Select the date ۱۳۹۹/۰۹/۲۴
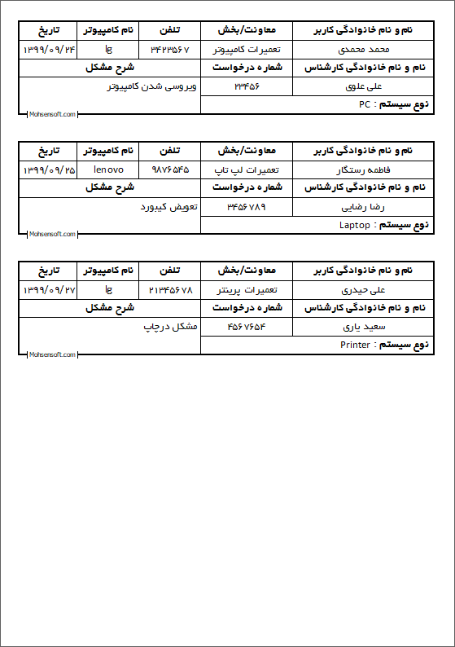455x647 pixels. point(49,50)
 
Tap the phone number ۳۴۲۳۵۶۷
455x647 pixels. point(170,50)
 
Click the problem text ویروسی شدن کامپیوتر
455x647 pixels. point(152,86)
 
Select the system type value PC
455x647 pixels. point(365,105)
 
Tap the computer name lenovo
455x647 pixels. point(108,169)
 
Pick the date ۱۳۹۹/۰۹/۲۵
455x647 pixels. point(49,169)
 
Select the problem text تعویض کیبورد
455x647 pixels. point(169,206)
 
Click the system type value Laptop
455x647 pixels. point(355,225)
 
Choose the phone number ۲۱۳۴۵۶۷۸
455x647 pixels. point(170,289)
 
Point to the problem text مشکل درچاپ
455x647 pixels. point(171,326)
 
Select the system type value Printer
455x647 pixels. point(355,345)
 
